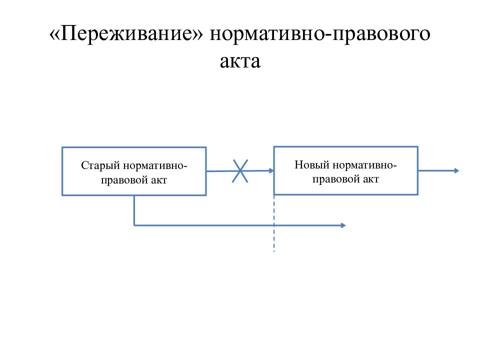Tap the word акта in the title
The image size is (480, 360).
coord(240,61)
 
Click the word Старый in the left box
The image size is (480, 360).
coord(100,166)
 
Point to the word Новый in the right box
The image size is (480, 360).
coord(312,164)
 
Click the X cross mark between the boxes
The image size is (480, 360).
coord(240,171)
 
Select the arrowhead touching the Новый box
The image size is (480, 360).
coord(271,170)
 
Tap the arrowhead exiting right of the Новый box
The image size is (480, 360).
coord(456,170)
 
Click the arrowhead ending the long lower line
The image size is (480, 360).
coord(343,225)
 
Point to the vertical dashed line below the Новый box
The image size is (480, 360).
coord(274,223)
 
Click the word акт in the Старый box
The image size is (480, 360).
coord(159,180)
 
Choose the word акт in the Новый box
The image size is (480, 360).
coord(370,179)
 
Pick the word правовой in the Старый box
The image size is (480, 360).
coord(124,180)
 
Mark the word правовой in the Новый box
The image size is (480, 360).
coord(336,179)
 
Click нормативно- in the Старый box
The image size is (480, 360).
coord(155,166)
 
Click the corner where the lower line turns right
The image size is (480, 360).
coord(134,225)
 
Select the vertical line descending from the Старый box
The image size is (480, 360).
coord(134,210)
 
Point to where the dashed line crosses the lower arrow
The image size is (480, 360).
coord(274,225)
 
